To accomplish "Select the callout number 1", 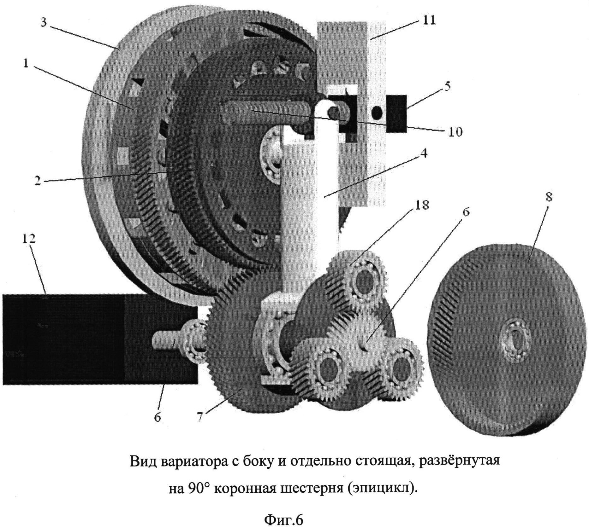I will (x=26, y=64).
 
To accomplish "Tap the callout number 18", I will (x=422, y=205).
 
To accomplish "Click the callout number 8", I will (x=549, y=197).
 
